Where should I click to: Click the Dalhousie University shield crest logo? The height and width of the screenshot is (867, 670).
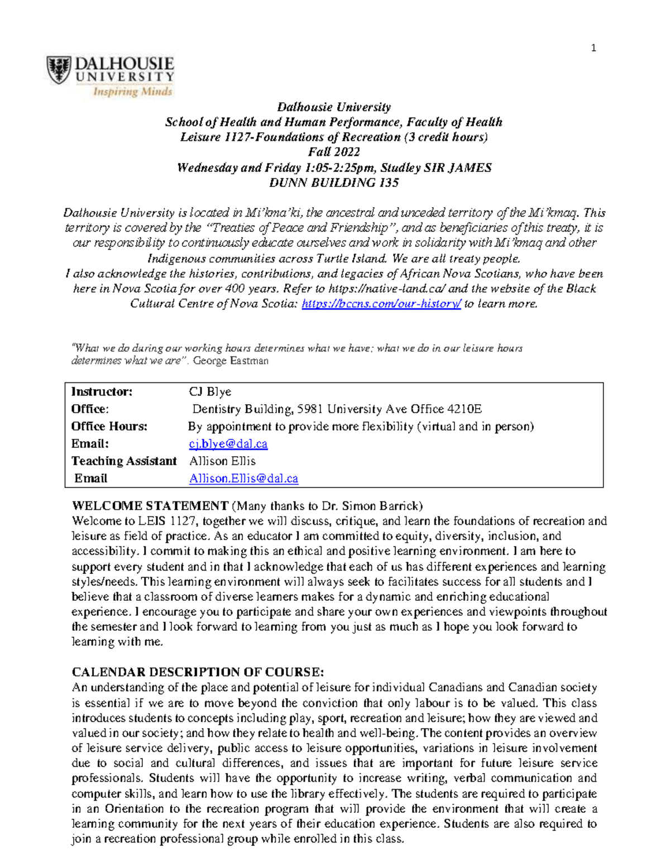click(59, 70)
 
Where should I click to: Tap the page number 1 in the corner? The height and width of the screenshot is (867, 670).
click(593, 48)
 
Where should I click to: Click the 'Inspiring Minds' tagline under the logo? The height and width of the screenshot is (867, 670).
click(132, 92)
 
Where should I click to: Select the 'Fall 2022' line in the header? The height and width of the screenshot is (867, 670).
click(334, 152)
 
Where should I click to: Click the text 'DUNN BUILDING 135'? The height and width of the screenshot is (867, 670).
click(334, 183)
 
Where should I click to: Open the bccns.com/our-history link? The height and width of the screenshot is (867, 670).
click(381, 304)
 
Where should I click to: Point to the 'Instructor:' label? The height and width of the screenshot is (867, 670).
click(102, 392)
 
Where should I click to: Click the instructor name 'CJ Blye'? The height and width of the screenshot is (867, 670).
click(210, 392)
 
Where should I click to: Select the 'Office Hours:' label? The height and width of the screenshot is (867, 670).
click(109, 427)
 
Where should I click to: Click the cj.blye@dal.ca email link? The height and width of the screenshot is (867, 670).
click(228, 444)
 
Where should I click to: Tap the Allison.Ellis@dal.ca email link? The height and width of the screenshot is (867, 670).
click(243, 478)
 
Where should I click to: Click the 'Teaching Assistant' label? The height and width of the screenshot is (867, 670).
click(123, 461)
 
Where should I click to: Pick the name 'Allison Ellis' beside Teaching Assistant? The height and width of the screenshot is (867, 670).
click(222, 461)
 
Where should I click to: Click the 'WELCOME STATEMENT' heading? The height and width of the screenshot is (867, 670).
click(150, 506)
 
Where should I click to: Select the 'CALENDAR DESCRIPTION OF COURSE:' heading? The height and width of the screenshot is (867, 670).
click(198, 672)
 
